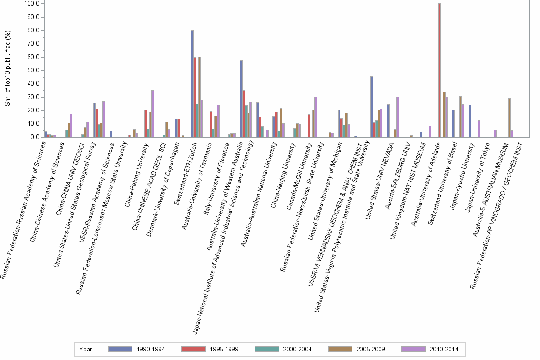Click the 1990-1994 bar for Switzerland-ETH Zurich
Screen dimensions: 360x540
pyautogui.click(x=192, y=84)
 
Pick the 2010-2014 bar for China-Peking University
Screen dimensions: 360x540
pyautogui.click(x=153, y=114)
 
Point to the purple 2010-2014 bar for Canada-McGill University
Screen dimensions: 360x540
pyautogui.click(x=315, y=117)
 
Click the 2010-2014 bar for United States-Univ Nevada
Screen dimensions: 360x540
pyautogui.click(x=398, y=117)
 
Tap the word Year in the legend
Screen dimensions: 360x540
pyautogui.click(x=86, y=350)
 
